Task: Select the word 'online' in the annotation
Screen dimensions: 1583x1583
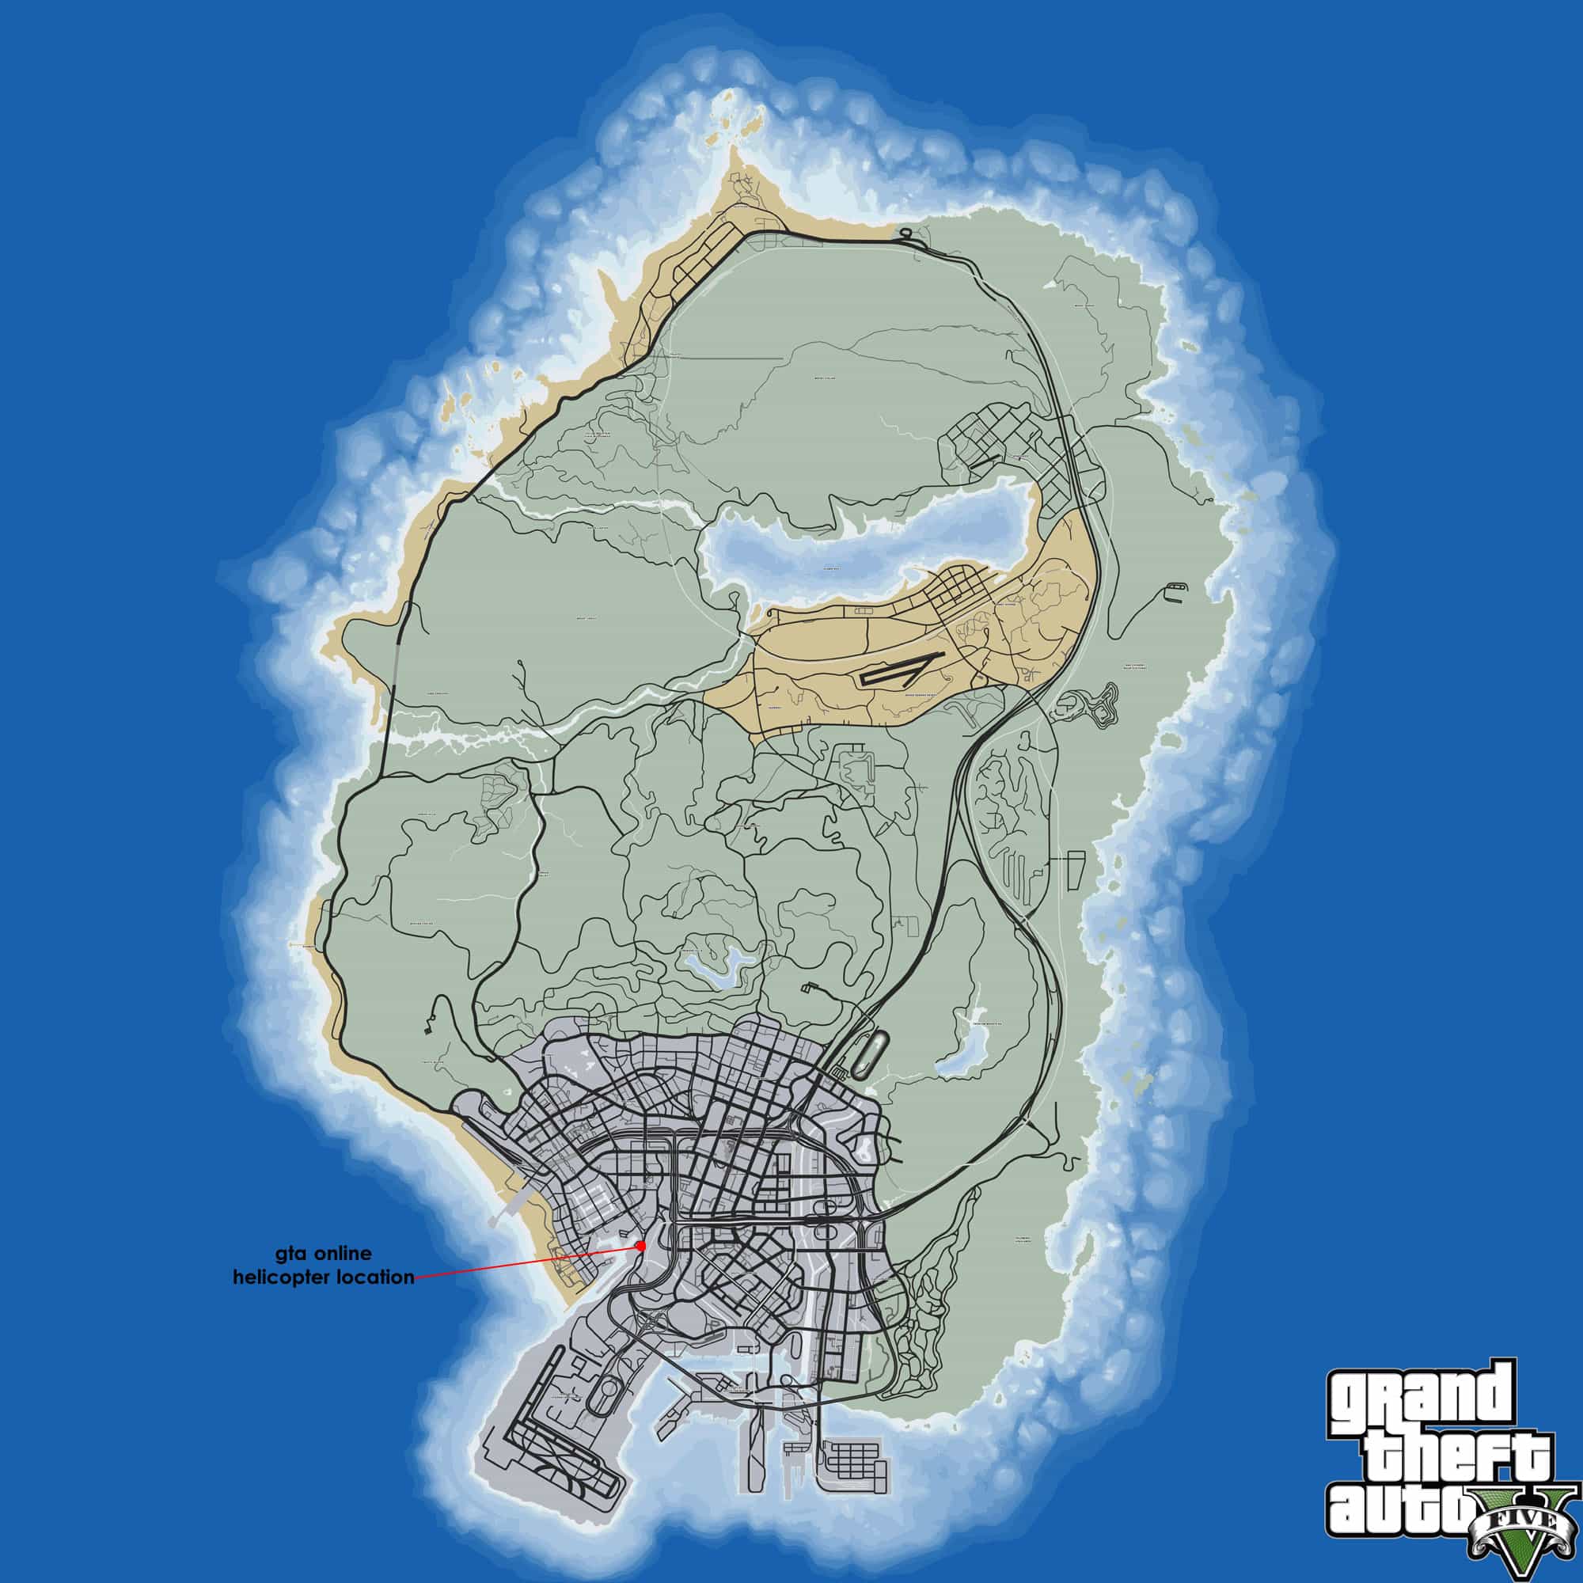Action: pyautogui.click(x=345, y=1254)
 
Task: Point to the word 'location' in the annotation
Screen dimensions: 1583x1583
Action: pyautogui.click(x=372, y=1277)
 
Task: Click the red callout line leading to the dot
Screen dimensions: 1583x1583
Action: pyautogui.click(x=525, y=1274)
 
